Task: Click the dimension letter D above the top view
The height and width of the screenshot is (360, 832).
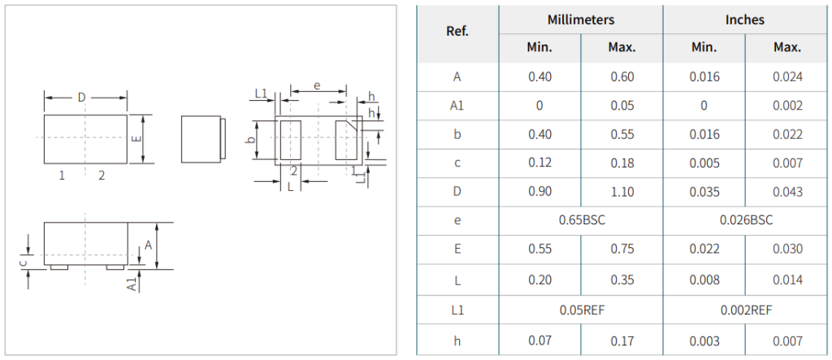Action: (x=82, y=98)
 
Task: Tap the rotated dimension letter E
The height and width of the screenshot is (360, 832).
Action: (x=136, y=138)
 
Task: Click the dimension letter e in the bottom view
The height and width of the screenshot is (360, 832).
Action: (x=318, y=85)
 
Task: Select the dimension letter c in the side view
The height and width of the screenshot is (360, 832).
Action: (x=22, y=262)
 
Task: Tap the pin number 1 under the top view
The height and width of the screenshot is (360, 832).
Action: (x=62, y=176)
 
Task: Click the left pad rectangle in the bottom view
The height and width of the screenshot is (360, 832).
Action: (x=290, y=140)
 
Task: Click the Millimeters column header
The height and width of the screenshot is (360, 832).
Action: (x=580, y=20)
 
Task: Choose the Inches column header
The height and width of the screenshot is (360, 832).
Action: (x=745, y=20)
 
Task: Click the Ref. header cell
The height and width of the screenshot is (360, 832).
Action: (x=457, y=32)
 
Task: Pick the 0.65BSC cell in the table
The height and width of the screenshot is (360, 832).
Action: (x=582, y=220)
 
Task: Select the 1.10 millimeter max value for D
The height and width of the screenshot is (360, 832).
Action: (x=622, y=192)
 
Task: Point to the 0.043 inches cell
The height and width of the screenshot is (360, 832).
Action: (x=787, y=192)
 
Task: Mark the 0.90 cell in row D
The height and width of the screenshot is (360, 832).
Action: (x=540, y=192)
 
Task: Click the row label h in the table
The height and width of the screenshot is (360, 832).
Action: (x=457, y=340)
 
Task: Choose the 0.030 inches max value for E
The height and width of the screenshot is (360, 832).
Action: (x=787, y=249)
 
